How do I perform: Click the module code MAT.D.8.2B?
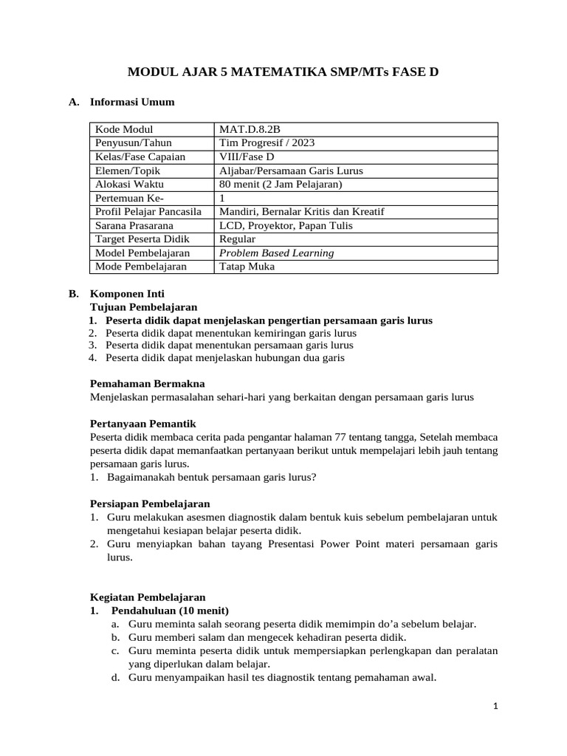point(250,130)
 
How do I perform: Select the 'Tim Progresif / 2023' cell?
point(261,143)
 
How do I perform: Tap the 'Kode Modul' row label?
point(124,130)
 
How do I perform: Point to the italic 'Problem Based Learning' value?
point(277,253)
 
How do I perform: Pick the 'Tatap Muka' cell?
point(247,267)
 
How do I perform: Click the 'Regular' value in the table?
point(238,239)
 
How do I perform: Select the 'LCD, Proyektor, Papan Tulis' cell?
point(286,226)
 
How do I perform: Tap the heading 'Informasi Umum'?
point(132,102)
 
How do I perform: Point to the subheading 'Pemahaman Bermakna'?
point(148,383)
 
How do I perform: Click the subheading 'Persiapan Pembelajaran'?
point(150,504)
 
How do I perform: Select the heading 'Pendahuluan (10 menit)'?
point(170,611)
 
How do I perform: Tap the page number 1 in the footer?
point(497,706)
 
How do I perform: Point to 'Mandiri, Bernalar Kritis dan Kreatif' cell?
point(301,212)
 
